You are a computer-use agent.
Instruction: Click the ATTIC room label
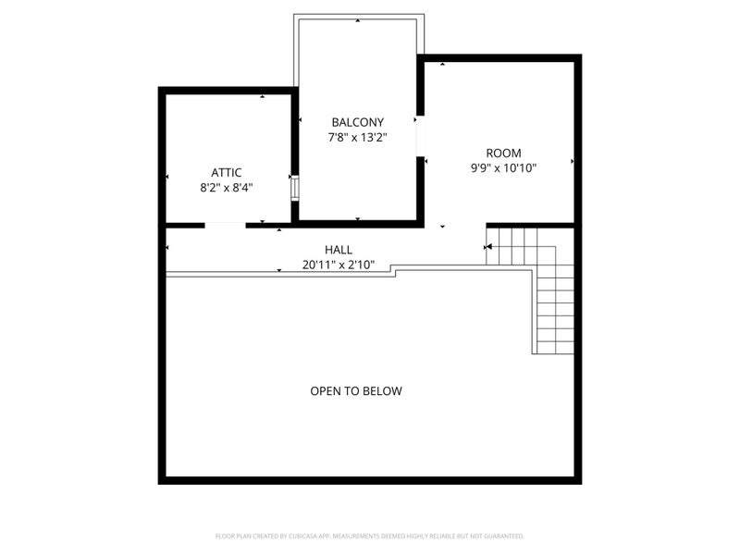click(226, 173)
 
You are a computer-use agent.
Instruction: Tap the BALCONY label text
click(358, 123)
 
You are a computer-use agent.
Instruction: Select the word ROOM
click(503, 154)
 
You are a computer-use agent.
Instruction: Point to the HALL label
click(339, 250)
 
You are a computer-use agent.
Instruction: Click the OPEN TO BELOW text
click(356, 390)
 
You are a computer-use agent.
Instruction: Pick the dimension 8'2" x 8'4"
click(227, 188)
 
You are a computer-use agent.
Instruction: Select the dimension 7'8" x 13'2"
click(358, 138)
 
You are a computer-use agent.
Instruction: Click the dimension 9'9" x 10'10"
click(503, 168)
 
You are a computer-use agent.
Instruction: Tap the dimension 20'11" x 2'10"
click(339, 265)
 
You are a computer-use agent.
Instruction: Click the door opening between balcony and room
click(420, 136)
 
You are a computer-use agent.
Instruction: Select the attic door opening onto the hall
click(225, 225)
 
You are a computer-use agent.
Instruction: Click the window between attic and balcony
click(294, 189)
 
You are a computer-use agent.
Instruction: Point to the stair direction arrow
click(488, 247)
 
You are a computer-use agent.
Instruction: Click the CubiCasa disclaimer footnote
click(369, 536)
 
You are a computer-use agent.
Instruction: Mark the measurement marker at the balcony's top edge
click(358, 20)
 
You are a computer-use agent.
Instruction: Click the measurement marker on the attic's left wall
click(167, 177)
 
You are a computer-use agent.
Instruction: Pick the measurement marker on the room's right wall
click(573, 161)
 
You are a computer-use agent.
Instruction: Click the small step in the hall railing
click(393, 270)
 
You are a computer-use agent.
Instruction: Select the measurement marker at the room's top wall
click(443, 64)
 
